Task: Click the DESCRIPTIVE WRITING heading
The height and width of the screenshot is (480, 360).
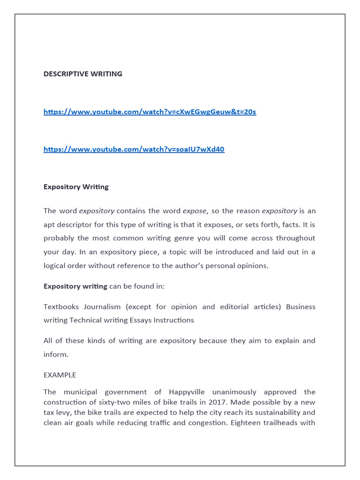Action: coord(83,74)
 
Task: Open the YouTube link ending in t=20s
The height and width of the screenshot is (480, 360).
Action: coord(150,112)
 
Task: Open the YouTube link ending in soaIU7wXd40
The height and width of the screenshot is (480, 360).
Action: coord(134,149)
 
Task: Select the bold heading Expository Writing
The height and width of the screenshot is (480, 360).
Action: coord(76,187)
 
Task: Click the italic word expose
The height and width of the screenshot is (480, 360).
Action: coord(194,211)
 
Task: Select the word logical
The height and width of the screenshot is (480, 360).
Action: coord(55,265)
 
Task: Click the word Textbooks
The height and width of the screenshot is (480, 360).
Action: coord(61,307)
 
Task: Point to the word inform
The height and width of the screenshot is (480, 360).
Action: coord(55,354)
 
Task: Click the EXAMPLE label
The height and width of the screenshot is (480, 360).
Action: coord(60,375)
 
